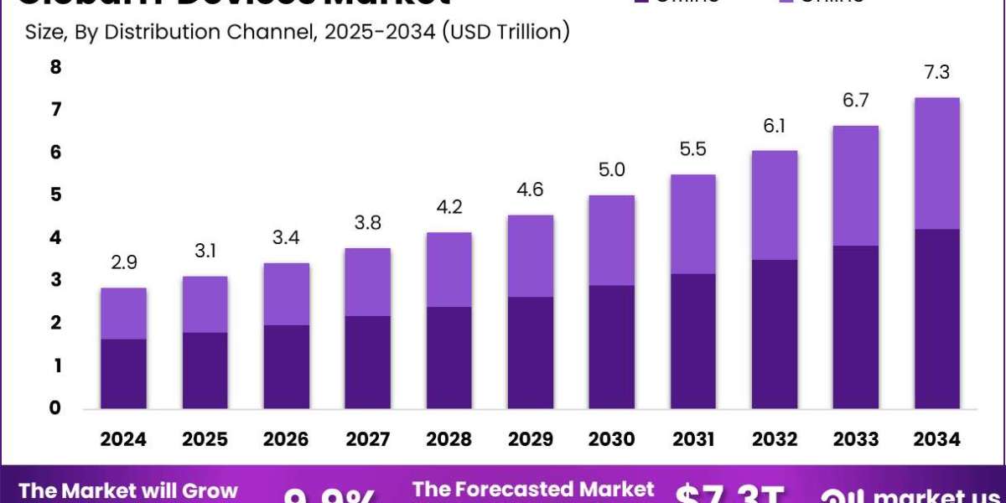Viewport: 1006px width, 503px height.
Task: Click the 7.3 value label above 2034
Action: [937, 73]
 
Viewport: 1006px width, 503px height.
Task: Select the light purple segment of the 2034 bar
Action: [937, 163]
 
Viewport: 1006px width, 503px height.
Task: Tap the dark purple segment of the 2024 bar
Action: [123, 374]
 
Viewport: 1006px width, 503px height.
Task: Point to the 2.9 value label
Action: [123, 263]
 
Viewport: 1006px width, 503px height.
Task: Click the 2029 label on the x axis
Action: [530, 439]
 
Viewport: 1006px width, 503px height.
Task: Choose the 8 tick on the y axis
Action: [56, 67]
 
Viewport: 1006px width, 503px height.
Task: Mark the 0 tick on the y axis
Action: [56, 408]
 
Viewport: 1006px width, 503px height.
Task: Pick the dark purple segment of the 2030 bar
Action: [611, 347]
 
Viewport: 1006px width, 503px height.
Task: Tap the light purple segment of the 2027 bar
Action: [367, 282]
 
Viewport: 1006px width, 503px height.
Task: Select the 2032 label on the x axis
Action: [775, 439]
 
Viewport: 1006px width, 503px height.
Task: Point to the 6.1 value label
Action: [775, 126]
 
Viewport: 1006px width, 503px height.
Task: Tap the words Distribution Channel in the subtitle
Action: [205, 33]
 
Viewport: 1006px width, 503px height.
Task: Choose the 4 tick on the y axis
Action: [56, 238]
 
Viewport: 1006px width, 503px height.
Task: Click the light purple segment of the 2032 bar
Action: [775, 205]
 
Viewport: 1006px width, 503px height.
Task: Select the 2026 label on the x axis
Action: [286, 439]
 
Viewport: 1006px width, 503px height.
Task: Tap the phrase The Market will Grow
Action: [128, 490]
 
